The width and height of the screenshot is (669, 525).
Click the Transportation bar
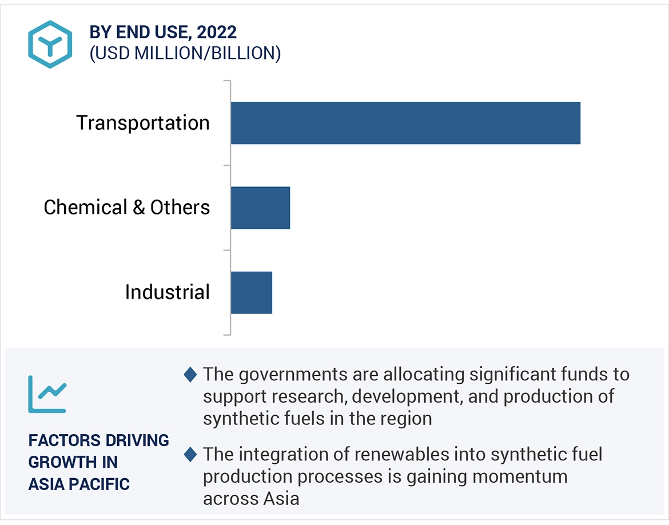(x=405, y=123)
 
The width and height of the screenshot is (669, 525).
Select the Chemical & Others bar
(x=260, y=207)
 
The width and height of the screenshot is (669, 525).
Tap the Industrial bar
(x=252, y=292)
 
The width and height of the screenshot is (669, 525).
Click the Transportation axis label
(x=143, y=123)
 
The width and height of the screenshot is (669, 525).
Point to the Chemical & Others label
(x=127, y=207)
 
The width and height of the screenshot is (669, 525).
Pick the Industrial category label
(x=168, y=292)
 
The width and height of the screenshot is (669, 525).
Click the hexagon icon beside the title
(x=50, y=44)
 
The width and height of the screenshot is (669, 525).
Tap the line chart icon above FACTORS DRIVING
(x=47, y=395)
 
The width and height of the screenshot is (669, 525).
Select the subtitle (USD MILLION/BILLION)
(x=185, y=53)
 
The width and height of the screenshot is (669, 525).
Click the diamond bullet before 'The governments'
(x=190, y=375)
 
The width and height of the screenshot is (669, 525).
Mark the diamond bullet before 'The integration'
(x=190, y=455)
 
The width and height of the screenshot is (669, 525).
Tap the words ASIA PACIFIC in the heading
(x=79, y=484)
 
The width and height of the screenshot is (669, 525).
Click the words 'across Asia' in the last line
(x=251, y=498)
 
